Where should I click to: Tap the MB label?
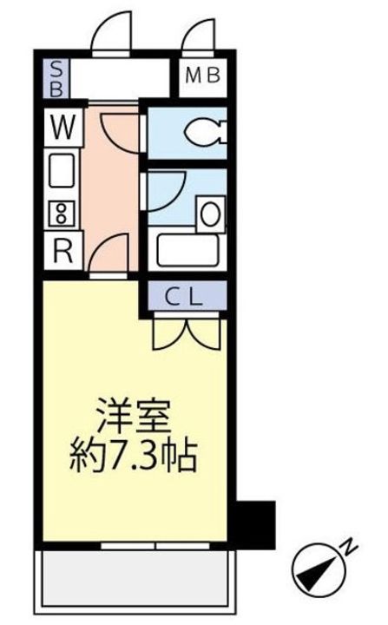tap(203, 76)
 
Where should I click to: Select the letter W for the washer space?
tap(62, 128)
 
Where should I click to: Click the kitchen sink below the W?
tap(61, 172)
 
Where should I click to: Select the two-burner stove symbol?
tap(62, 214)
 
